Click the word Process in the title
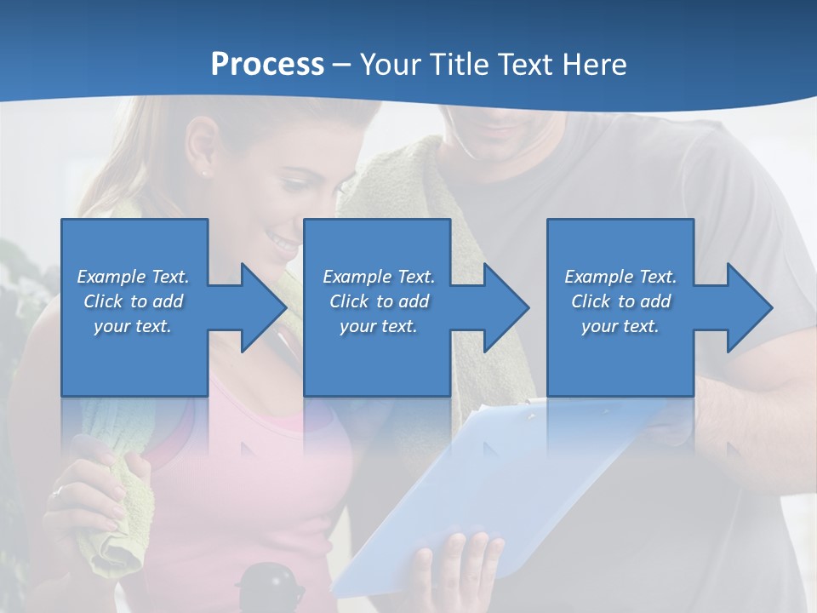click(x=267, y=65)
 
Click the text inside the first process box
click(x=134, y=301)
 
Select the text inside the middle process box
click(x=378, y=301)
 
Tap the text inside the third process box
click(x=620, y=301)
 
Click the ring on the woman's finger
click(x=58, y=492)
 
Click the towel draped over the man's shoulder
click(x=400, y=196)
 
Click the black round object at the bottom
click(x=270, y=587)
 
